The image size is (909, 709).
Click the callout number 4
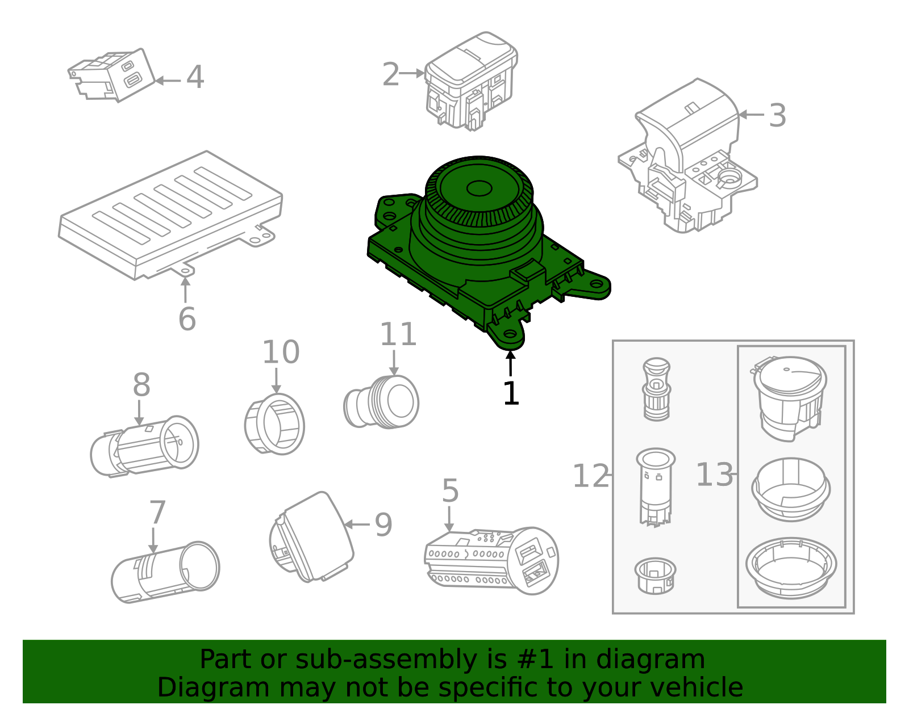pyautogui.click(x=195, y=78)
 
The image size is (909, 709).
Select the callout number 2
pyautogui.click(x=390, y=75)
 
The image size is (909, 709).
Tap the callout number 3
pyautogui.click(x=777, y=116)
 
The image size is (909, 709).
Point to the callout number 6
pyautogui.click(x=187, y=319)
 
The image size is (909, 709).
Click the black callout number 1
pyautogui.click(x=511, y=393)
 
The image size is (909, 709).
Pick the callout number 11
pyautogui.click(x=398, y=334)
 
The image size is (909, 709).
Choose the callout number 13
pyautogui.click(x=714, y=475)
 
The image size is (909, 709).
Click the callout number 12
pyautogui.click(x=590, y=476)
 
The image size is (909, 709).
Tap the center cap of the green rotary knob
pyautogui.click(x=479, y=188)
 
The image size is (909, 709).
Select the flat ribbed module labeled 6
pyautogui.click(x=170, y=216)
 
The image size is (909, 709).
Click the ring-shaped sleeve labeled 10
pyautogui.click(x=275, y=425)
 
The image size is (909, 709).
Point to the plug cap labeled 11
pyautogui.click(x=382, y=402)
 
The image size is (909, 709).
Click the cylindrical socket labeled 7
pyautogui.click(x=165, y=572)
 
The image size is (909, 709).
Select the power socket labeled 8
pyautogui.click(x=145, y=446)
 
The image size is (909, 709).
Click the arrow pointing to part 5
pyautogui.click(x=449, y=519)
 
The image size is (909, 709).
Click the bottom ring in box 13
pyautogui.click(x=791, y=568)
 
